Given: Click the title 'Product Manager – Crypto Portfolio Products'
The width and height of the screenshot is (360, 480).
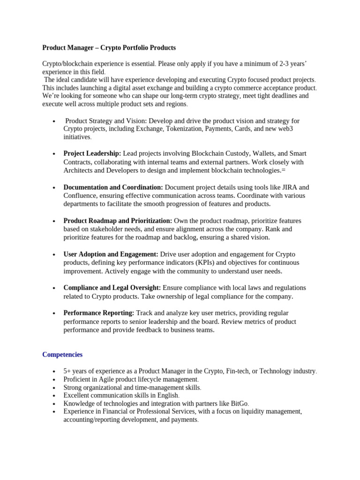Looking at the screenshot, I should (x=109, y=48).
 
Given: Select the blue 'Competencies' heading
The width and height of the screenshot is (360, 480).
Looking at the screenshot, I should (x=62, y=355).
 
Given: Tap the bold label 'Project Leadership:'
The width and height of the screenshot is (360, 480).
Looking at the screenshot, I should (x=92, y=154).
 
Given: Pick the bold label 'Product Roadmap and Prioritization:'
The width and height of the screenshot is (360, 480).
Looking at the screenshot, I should (x=118, y=221).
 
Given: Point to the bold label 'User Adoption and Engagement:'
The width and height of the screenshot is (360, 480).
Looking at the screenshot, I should (x=111, y=254).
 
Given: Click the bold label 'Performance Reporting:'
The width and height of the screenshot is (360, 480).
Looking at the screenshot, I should (x=99, y=313).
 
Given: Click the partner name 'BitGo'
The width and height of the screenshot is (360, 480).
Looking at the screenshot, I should (x=239, y=404).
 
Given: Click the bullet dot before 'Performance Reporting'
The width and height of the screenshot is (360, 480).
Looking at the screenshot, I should (x=55, y=313).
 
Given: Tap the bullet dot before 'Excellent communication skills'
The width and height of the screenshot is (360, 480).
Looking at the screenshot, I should (x=55, y=396).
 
